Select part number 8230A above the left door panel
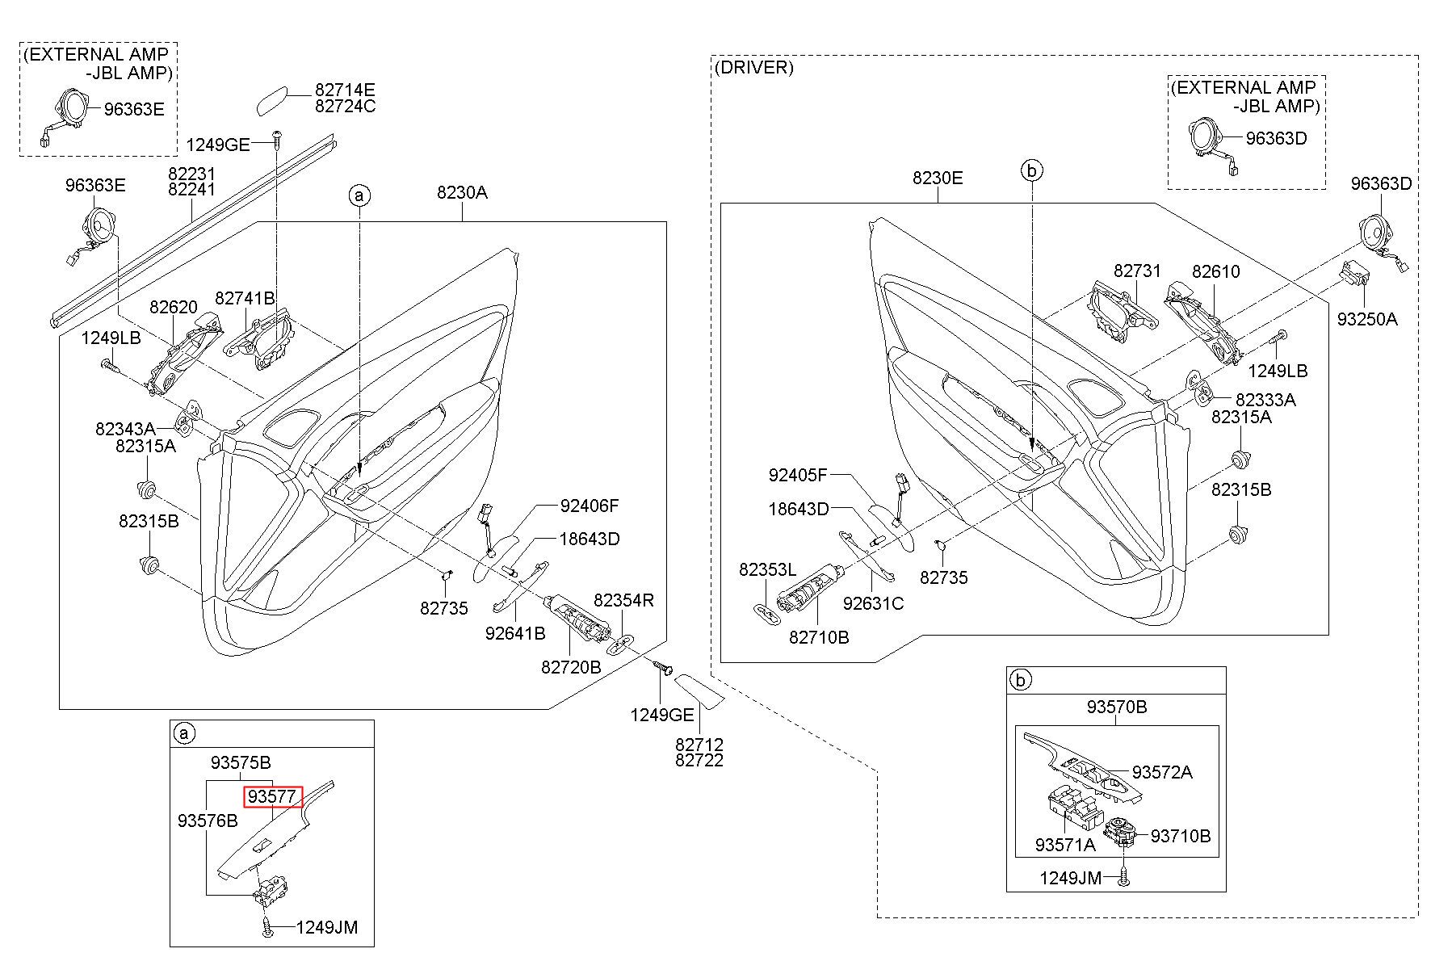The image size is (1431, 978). click(462, 192)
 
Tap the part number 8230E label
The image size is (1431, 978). click(938, 178)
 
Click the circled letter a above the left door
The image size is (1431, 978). click(359, 195)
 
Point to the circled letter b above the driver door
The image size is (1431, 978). click(1032, 170)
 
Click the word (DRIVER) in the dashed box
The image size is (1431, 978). click(754, 68)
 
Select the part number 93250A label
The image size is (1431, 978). click(1366, 319)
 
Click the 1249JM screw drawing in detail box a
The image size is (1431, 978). click(267, 927)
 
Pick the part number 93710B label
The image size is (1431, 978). click(1181, 836)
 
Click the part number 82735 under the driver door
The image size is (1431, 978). click(944, 577)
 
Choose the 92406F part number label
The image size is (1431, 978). click(590, 506)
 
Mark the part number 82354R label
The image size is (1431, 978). click(624, 600)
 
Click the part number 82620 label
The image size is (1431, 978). click(174, 307)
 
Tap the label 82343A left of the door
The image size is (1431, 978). click(124, 428)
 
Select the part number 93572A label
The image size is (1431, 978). click(1162, 772)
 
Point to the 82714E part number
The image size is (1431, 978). click(345, 90)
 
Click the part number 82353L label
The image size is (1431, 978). click(767, 570)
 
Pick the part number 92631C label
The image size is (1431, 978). click(873, 603)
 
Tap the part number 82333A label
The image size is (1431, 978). click(1265, 400)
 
